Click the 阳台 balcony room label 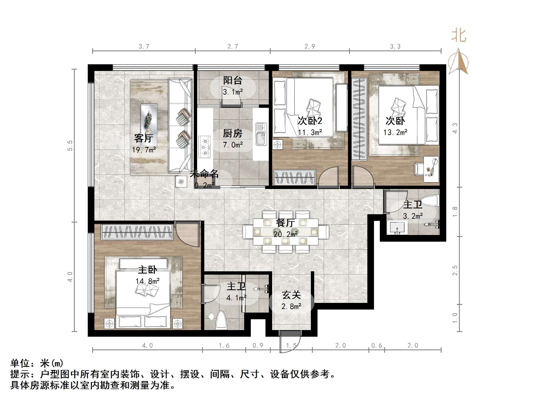coord(233,81)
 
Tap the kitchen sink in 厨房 coord(261,134)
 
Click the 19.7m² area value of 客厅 coord(144,150)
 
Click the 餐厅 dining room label coord(285,223)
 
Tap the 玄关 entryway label coord(291,295)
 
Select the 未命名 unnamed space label coord(204,174)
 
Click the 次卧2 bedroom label coord(310,121)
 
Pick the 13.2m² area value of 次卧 coord(395,132)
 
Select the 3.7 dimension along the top coord(144,47)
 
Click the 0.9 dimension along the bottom coord(258,346)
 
